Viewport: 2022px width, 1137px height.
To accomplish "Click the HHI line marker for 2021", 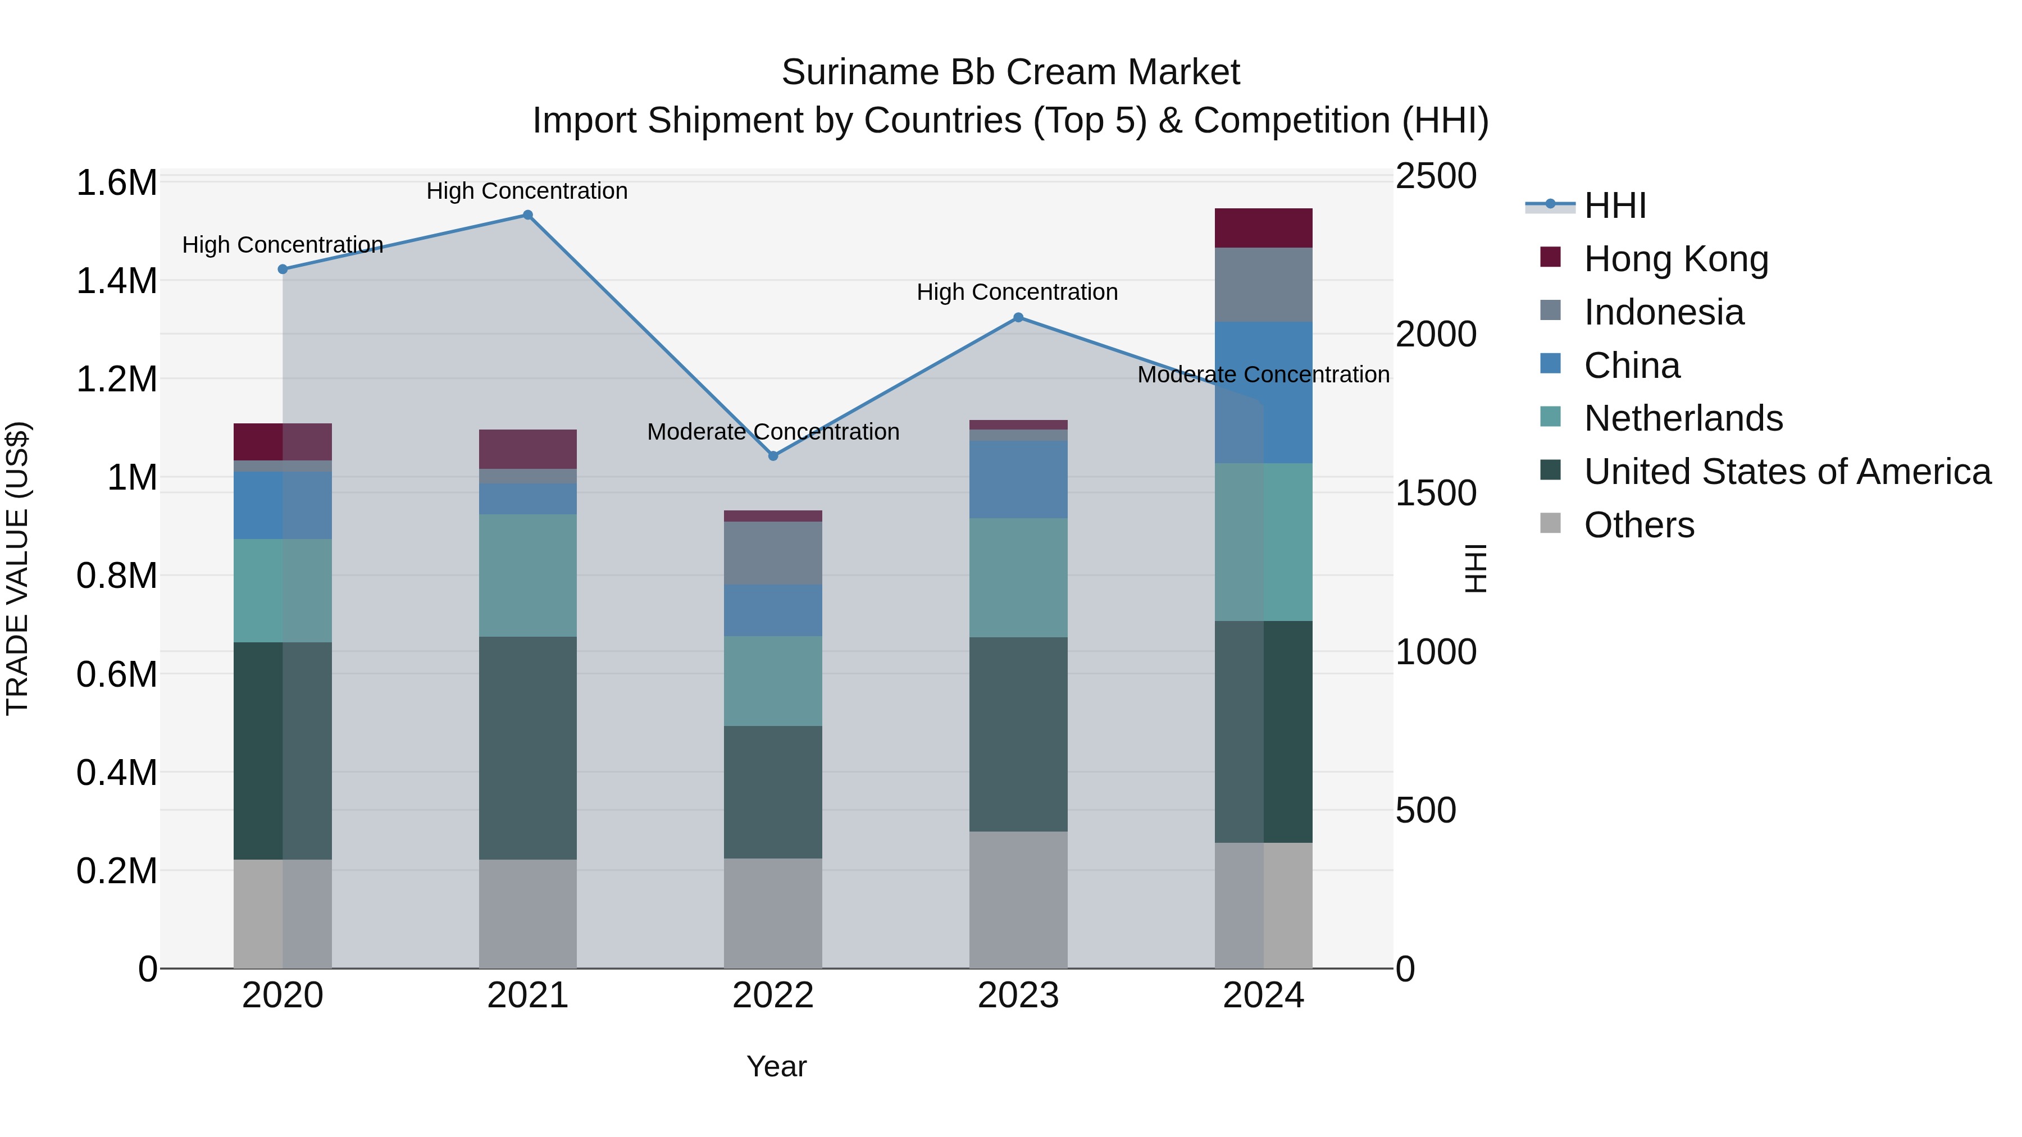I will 527,215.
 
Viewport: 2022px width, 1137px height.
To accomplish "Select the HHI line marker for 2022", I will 773,456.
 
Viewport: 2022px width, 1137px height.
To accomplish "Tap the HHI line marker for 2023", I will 1018,318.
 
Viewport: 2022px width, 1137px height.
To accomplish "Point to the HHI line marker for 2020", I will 283,269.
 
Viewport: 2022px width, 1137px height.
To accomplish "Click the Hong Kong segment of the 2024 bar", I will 1263,229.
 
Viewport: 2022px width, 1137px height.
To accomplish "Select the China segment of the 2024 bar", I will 1263,392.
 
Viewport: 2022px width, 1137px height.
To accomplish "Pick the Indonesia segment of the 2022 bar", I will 773,553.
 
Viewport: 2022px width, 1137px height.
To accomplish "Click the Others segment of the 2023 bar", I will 1018,900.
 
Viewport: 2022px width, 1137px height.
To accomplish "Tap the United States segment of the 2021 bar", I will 527,748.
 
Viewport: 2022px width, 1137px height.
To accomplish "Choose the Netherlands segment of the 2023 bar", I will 1018,578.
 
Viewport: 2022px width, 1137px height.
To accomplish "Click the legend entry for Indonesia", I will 1663,312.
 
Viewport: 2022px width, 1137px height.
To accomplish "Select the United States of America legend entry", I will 1787,472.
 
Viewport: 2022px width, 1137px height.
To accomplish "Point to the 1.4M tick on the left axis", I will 116,281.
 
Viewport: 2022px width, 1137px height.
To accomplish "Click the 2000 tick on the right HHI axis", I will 1436,334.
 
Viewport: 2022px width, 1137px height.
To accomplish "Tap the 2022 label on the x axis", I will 773,996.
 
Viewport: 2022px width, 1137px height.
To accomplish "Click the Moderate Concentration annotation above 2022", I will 773,432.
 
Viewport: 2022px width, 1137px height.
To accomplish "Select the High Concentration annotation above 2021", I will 527,191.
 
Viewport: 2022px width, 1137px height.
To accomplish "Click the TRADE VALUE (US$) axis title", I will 17,568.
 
